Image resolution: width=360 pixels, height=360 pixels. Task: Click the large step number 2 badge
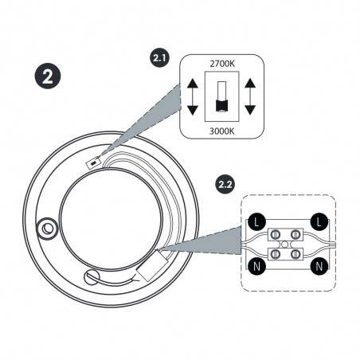[x=48, y=76]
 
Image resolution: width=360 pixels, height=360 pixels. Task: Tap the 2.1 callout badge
[x=159, y=57]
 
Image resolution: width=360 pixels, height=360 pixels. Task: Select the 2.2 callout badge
[x=225, y=184]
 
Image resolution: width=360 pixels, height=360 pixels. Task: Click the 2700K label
[x=222, y=64]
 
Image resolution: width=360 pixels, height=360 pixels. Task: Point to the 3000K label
[x=222, y=131]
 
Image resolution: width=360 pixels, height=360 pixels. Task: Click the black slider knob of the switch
[x=222, y=106]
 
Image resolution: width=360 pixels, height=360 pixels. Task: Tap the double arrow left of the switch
[x=193, y=97]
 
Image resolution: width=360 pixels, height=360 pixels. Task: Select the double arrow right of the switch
[x=250, y=97]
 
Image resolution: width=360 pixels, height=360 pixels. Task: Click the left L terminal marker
[x=256, y=221]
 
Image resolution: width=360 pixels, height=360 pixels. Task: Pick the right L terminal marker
[x=319, y=221]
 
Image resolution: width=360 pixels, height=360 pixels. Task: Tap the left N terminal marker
[x=256, y=266]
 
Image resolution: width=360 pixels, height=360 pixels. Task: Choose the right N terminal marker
[x=319, y=266]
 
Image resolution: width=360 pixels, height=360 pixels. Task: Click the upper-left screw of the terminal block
[x=275, y=235]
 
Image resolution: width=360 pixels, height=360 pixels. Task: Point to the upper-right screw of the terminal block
[x=295, y=235]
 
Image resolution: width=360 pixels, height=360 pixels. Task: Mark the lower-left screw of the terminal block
[x=275, y=254]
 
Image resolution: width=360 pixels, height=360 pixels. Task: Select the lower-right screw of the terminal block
[x=295, y=254]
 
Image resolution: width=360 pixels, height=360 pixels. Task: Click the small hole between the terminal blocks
[x=285, y=245]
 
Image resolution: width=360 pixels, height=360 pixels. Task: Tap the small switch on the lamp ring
[x=94, y=162]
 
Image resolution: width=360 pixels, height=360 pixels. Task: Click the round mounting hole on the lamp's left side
[x=48, y=229]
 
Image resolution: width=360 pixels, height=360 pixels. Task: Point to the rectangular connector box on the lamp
[x=151, y=266]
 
